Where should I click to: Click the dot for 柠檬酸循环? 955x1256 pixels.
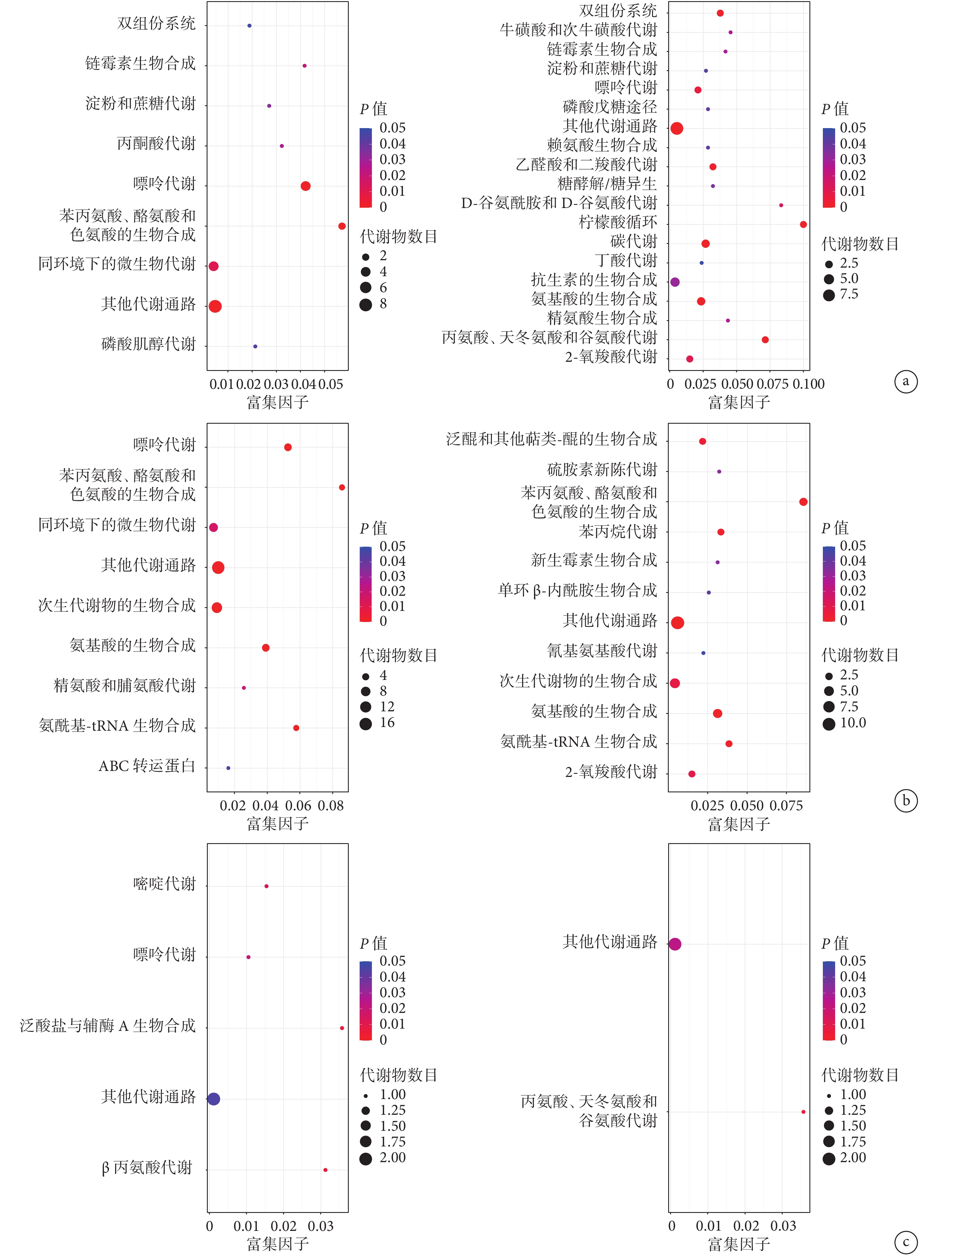803,225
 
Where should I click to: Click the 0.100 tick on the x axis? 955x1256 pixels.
809,384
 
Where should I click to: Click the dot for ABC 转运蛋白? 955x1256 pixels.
229,768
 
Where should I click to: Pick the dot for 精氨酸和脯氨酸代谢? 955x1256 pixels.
244,688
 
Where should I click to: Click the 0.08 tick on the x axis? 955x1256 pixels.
331,806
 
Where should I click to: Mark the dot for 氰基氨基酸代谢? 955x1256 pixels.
703,653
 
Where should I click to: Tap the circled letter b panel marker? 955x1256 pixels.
906,801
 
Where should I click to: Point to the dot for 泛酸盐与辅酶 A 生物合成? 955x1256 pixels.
342,1028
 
